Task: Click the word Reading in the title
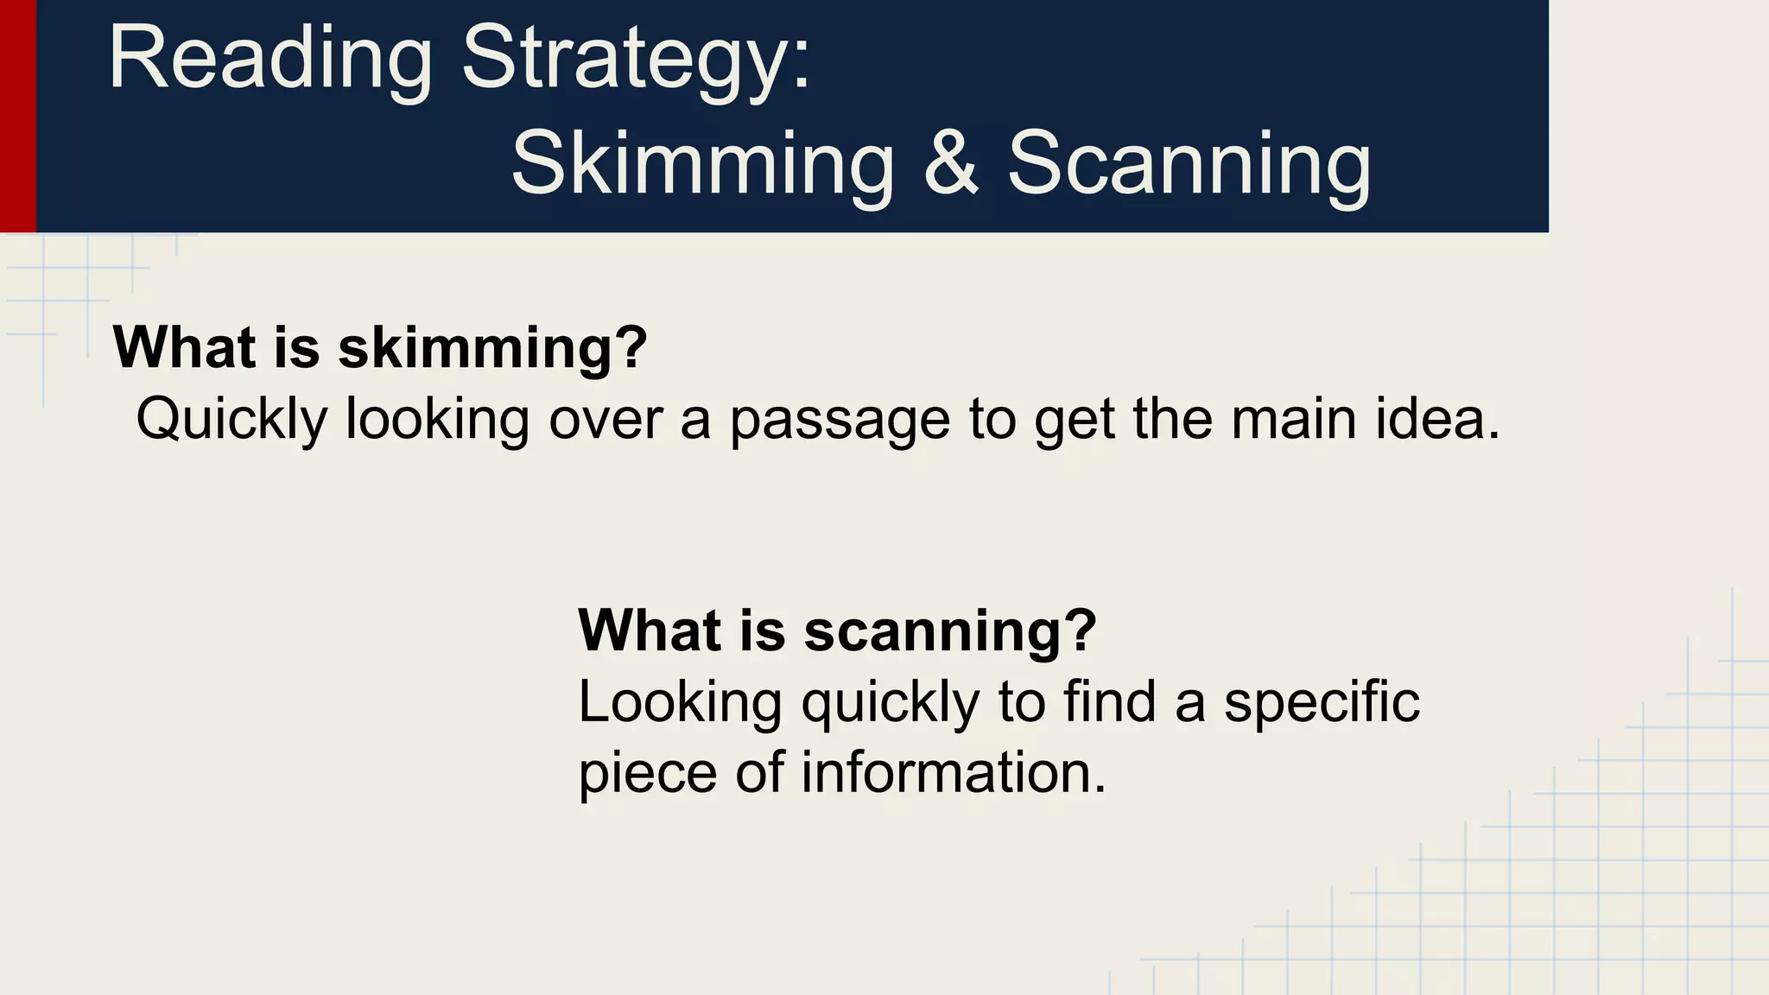click(269, 59)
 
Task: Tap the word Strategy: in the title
click(637, 59)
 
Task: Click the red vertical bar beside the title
click(17, 116)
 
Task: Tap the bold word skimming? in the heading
click(492, 347)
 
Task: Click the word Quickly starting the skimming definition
click(231, 420)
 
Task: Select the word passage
click(840, 420)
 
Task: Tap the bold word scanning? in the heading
click(950, 631)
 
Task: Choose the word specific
click(1322, 701)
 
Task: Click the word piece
click(648, 772)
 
